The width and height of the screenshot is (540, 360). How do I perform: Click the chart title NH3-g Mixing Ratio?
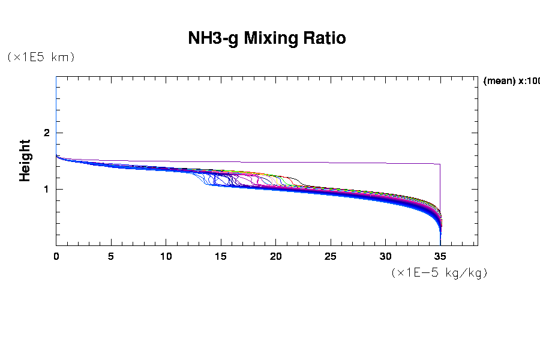point(267,38)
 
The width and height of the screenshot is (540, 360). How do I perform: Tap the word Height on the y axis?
point(25,160)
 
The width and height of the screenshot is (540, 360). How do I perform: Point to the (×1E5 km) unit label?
point(41,57)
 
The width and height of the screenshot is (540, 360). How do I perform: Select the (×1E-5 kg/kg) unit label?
point(439,272)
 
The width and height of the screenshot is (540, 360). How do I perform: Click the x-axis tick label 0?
point(56,256)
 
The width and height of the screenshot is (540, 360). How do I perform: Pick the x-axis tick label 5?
point(111,256)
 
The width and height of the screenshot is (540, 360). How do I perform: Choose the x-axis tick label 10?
point(166,256)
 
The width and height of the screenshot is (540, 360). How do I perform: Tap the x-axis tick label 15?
point(221,256)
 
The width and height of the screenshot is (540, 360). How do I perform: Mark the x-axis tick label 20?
point(276,256)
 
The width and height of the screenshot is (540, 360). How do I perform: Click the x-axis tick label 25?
point(331,256)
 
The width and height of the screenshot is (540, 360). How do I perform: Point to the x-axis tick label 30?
point(386,256)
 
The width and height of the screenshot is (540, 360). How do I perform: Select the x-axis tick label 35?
point(440,256)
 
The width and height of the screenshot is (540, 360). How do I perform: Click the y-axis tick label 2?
point(46,133)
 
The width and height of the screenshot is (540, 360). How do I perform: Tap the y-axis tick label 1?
point(46,190)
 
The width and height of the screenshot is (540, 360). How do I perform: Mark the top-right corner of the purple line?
point(440,164)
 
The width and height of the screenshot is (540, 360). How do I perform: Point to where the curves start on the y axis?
point(56,155)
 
